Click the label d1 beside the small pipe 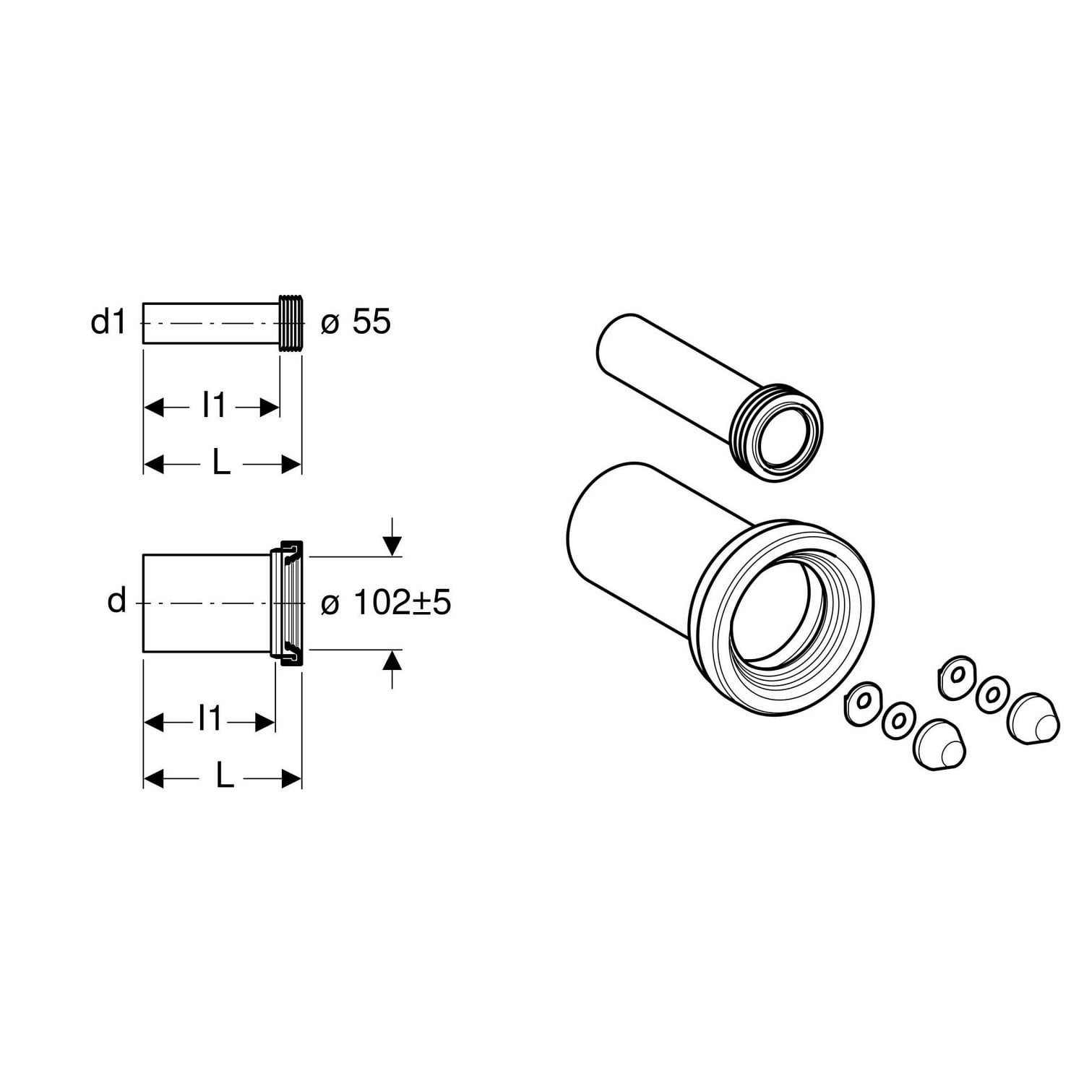click(x=108, y=322)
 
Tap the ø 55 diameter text click(x=356, y=322)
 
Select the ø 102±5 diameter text click(x=386, y=602)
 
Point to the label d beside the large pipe click(x=116, y=601)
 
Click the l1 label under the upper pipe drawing click(x=214, y=406)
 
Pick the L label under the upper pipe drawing click(x=221, y=463)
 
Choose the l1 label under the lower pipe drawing click(x=210, y=719)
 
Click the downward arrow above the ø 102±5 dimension click(x=392, y=536)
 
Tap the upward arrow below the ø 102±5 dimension click(x=392, y=668)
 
